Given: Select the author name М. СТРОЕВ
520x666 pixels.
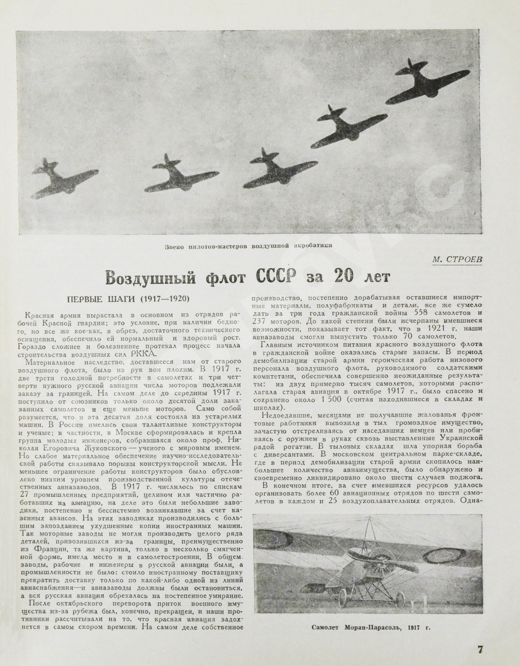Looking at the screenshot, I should coord(457,259).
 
